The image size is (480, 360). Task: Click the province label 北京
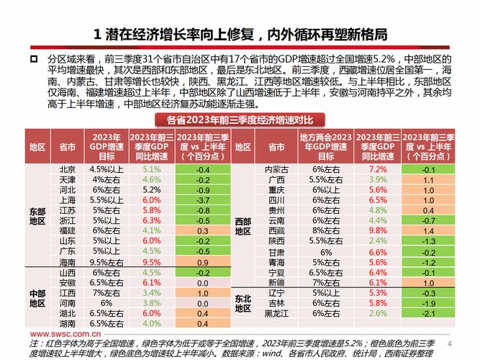click(x=67, y=168)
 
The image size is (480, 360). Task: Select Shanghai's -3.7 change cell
click(x=203, y=199)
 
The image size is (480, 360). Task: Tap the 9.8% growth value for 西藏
click(x=378, y=230)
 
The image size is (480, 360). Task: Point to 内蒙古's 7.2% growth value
click(x=378, y=168)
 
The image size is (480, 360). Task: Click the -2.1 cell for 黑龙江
click(x=428, y=313)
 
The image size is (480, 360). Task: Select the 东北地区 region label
click(x=243, y=303)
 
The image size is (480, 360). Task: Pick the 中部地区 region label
click(x=37, y=298)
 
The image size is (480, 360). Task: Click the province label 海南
click(x=67, y=262)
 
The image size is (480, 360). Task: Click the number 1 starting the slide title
click(x=98, y=34)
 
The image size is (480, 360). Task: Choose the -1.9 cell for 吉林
click(x=428, y=303)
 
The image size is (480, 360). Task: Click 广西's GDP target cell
click(x=325, y=179)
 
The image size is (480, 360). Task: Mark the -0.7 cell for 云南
click(x=428, y=220)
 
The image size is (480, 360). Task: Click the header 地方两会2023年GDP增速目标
click(x=325, y=146)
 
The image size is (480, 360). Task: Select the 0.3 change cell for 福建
click(x=203, y=230)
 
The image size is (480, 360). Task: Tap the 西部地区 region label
click(x=243, y=226)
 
